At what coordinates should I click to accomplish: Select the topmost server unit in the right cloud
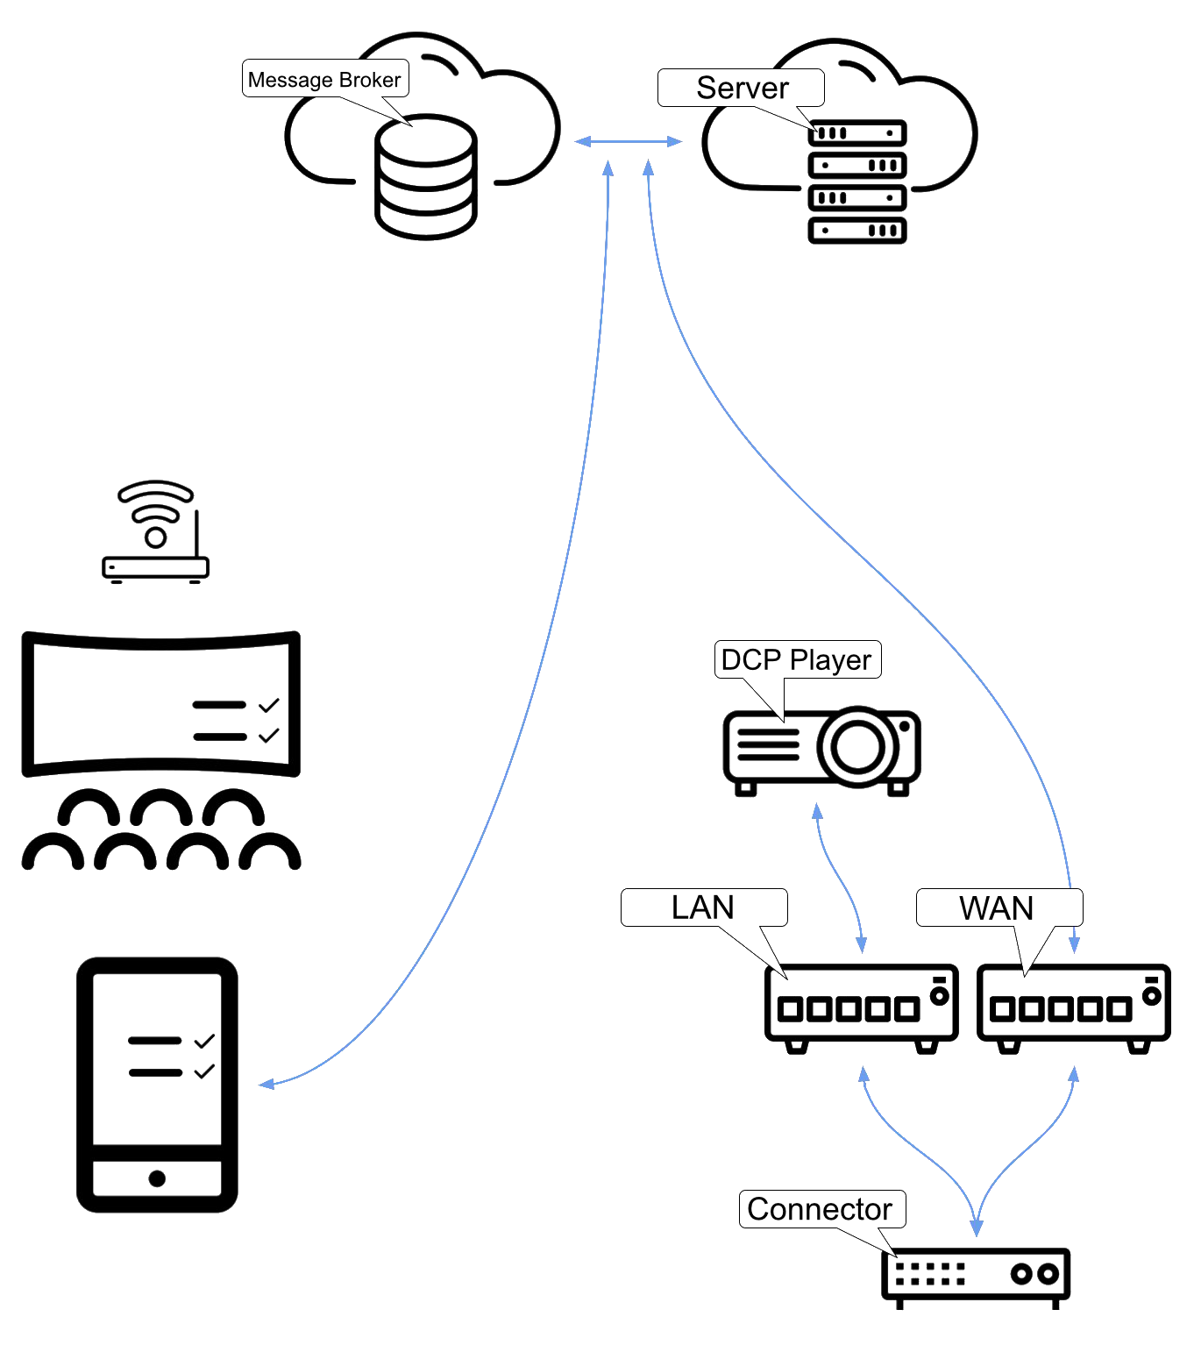[856, 133]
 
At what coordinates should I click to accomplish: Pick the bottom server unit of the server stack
[856, 230]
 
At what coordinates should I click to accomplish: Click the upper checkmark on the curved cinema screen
[268, 705]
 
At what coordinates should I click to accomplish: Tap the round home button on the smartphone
[157, 1178]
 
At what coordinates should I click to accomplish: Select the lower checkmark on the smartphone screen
[204, 1071]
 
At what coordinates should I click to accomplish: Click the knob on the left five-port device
[939, 996]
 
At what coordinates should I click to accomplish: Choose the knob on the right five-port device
[1152, 996]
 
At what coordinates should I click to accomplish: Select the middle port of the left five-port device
[848, 1009]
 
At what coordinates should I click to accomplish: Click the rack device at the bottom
[976, 1274]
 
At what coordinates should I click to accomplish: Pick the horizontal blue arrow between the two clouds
[628, 141]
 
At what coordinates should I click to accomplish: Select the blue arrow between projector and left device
[840, 877]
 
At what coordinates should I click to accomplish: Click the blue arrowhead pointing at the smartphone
[266, 1085]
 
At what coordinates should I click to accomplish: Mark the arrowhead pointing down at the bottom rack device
[976, 1228]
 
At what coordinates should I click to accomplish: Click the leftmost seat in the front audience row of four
[53, 855]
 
